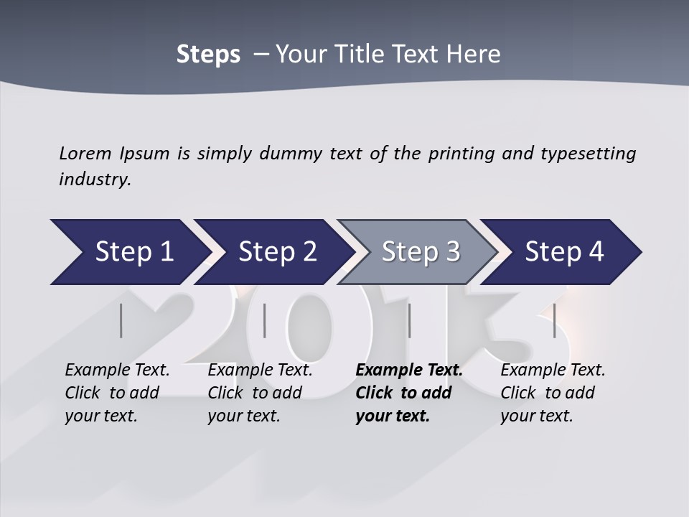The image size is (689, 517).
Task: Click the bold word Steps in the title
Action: [x=208, y=55]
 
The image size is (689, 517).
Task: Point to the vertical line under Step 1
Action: [x=121, y=320]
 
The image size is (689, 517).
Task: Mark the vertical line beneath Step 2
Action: [x=265, y=320]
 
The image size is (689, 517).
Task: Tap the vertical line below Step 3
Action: [x=409, y=320]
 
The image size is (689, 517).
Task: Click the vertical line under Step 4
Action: [x=554, y=320]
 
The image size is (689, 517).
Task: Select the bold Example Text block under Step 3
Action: [x=409, y=393]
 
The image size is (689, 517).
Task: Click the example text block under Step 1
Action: [x=117, y=393]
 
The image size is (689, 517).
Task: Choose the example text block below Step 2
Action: [x=260, y=393]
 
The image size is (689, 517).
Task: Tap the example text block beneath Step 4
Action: [x=553, y=393]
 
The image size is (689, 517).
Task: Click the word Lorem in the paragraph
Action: [x=85, y=154]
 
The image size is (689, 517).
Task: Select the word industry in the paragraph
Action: [x=94, y=179]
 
